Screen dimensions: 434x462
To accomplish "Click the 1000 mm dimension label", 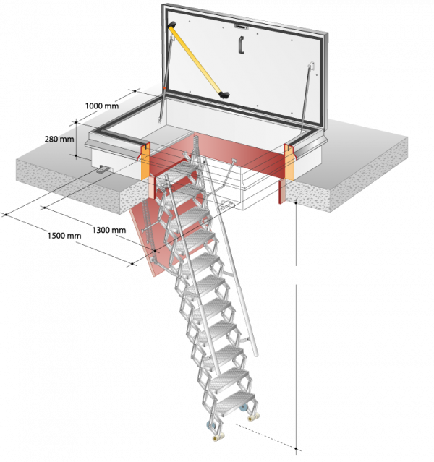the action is point(102,106).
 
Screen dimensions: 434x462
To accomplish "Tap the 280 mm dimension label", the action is point(59,139).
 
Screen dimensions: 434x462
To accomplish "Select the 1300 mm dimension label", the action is point(109,230).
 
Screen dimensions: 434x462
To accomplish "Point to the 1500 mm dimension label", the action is point(64,236).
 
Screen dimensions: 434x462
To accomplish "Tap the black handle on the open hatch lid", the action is point(241,45).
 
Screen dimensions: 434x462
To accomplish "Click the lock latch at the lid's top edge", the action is point(241,27).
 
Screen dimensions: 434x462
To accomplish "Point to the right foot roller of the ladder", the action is point(254,417).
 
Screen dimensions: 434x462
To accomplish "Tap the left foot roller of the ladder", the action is point(218,437).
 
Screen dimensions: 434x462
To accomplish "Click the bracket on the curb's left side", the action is point(103,169).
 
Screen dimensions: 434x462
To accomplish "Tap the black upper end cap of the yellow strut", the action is point(172,25).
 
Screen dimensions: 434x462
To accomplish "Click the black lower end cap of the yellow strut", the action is point(224,95).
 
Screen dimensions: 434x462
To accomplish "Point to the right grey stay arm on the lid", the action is point(307,95).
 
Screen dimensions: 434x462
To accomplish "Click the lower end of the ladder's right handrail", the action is point(255,354).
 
